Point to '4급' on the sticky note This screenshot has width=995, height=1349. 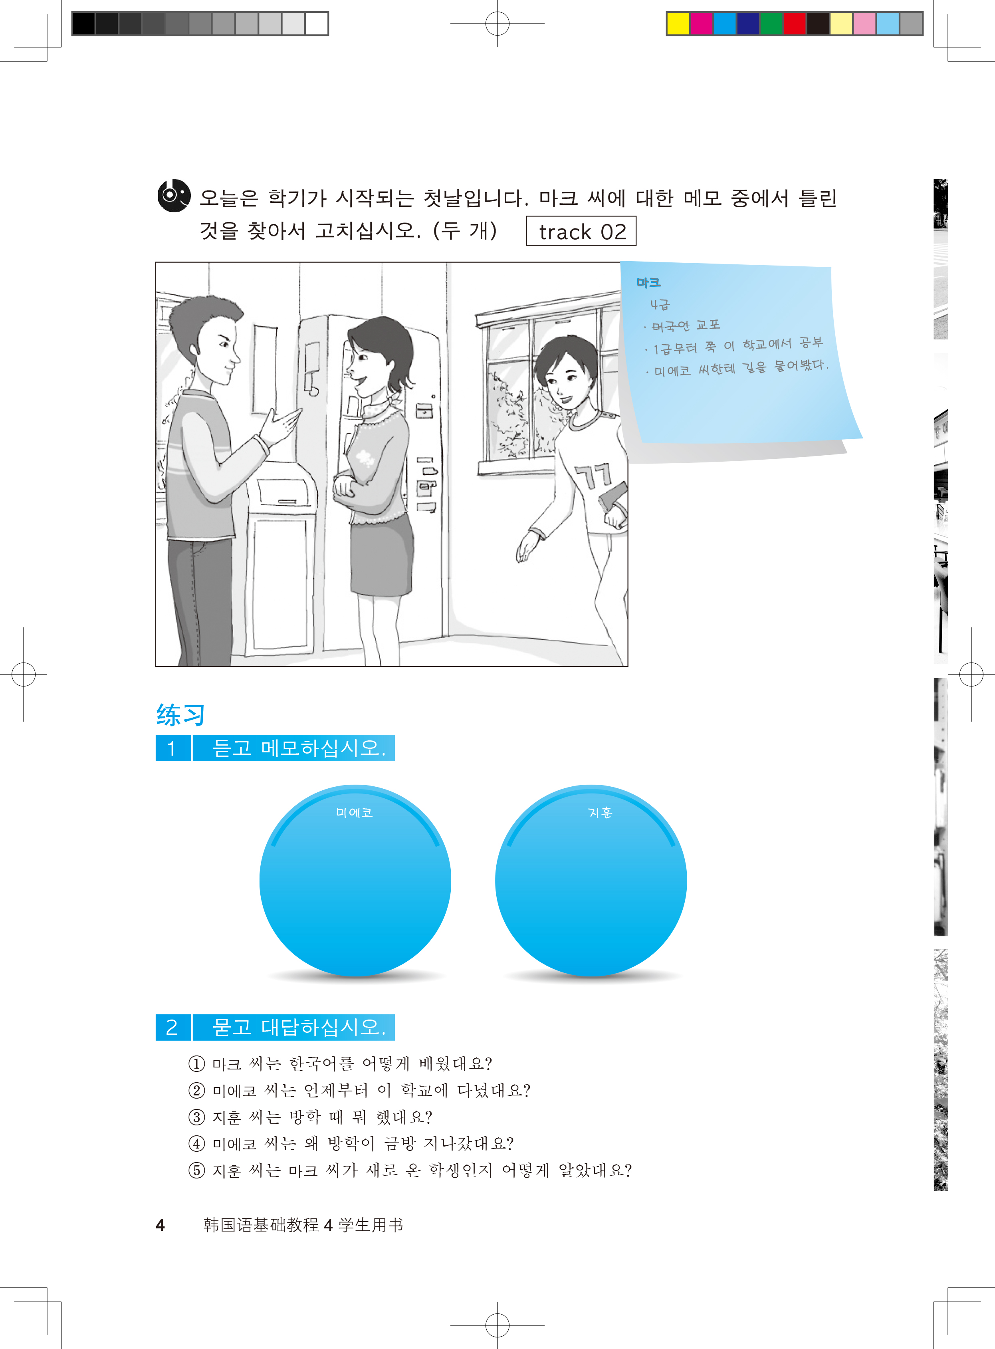click(660, 305)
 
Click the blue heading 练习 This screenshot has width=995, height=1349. click(180, 715)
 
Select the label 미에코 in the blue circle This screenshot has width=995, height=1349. click(354, 812)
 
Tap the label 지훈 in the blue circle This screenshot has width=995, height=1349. click(600, 812)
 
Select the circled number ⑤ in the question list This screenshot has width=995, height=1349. click(196, 1170)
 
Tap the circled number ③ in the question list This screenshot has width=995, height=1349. click(196, 1117)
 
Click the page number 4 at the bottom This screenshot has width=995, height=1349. click(160, 1225)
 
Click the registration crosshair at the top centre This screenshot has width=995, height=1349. click(497, 24)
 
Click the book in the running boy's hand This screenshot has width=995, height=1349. click(612, 498)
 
